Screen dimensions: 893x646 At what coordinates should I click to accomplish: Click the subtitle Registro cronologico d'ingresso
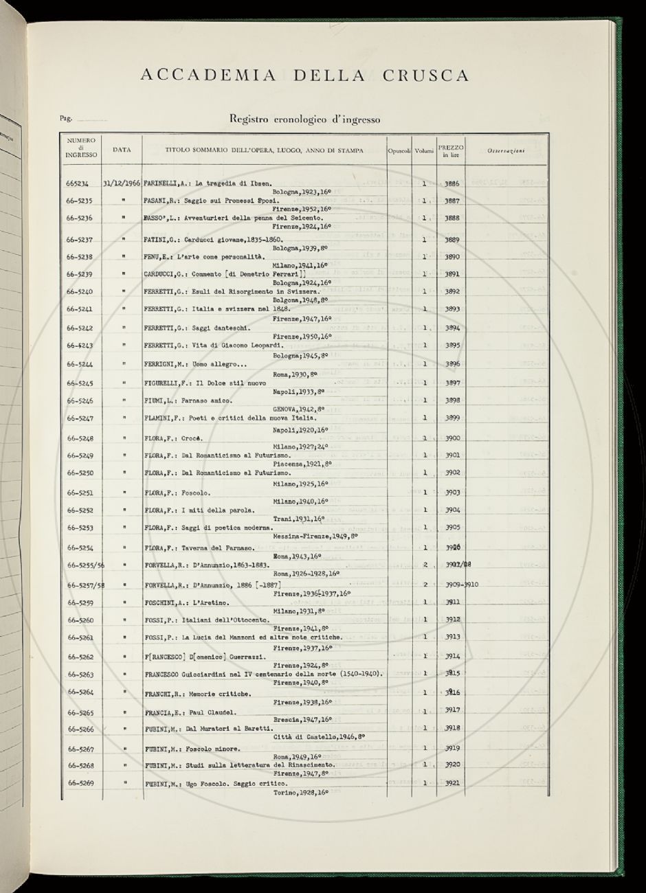tap(304, 119)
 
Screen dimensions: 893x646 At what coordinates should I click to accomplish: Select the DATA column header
tap(122, 149)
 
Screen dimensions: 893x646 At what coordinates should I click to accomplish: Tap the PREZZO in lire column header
tap(451, 151)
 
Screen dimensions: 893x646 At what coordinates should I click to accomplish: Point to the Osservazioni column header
tap(506, 150)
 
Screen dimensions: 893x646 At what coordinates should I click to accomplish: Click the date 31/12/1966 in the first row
tap(122, 184)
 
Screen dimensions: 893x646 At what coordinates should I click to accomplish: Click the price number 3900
tap(452, 438)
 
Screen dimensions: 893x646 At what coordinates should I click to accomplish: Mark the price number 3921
tap(452, 783)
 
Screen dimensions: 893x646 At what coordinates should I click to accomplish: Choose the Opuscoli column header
tap(399, 150)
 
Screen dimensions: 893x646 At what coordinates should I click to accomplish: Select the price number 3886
tap(452, 184)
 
